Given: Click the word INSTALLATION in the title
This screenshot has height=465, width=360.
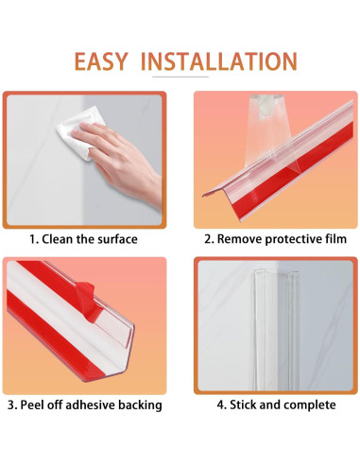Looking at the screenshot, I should [218, 61].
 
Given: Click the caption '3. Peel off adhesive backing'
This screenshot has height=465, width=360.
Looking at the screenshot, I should [84, 405].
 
